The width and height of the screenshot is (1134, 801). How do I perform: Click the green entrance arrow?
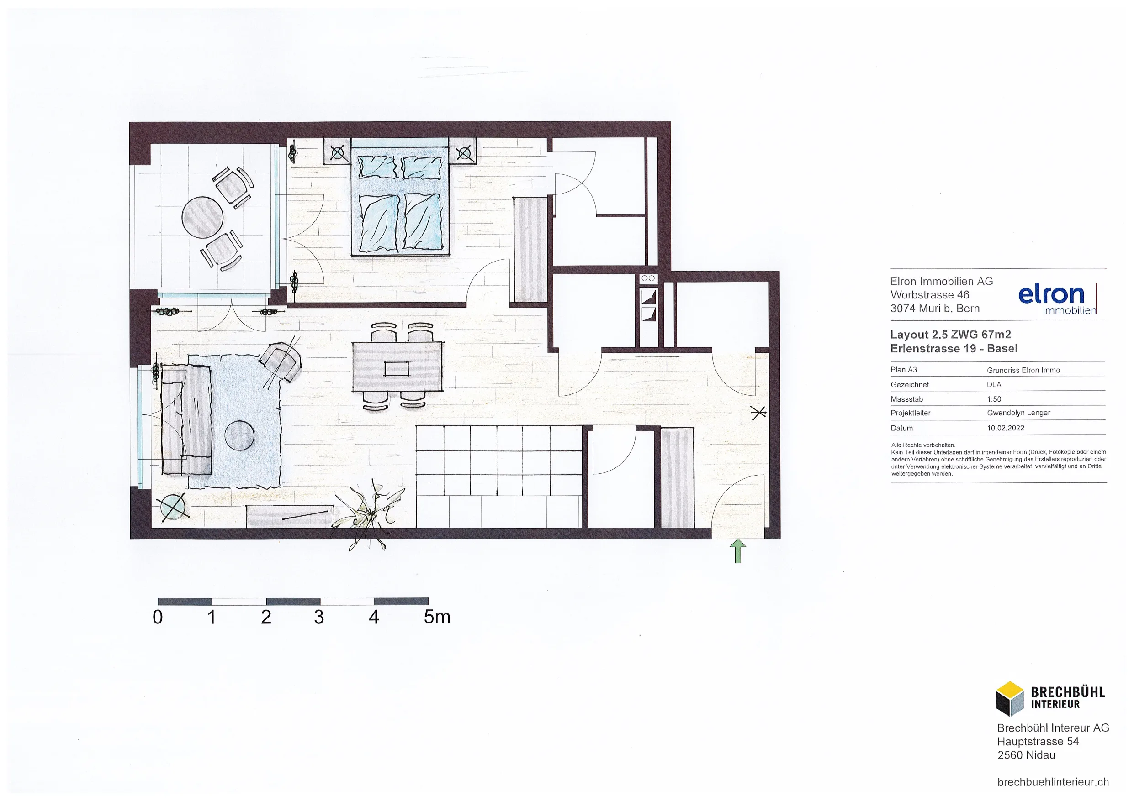point(737,550)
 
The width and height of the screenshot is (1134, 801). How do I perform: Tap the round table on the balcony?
point(202,218)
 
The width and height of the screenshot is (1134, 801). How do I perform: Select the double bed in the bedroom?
point(400,198)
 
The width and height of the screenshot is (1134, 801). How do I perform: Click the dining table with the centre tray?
point(397,366)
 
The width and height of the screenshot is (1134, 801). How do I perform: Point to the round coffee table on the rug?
point(239,435)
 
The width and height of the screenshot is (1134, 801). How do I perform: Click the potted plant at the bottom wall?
point(370,516)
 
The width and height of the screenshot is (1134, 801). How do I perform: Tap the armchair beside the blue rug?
point(281,362)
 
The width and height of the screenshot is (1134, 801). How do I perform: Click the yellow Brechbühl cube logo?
point(1010,698)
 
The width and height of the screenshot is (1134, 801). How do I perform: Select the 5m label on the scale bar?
point(437,617)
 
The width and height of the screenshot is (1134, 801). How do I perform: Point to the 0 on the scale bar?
point(158,617)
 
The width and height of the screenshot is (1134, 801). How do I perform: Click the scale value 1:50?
point(994,399)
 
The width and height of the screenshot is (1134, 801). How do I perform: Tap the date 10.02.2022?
point(1006,428)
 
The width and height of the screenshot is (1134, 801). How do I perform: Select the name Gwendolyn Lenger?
point(1018,413)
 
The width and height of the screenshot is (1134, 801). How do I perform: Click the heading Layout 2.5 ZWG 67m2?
point(950,334)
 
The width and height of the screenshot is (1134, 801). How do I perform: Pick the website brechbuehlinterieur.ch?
point(1053,782)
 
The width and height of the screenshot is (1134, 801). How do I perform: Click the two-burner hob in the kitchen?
point(648,278)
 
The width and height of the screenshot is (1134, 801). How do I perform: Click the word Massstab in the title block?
point(907,399)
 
